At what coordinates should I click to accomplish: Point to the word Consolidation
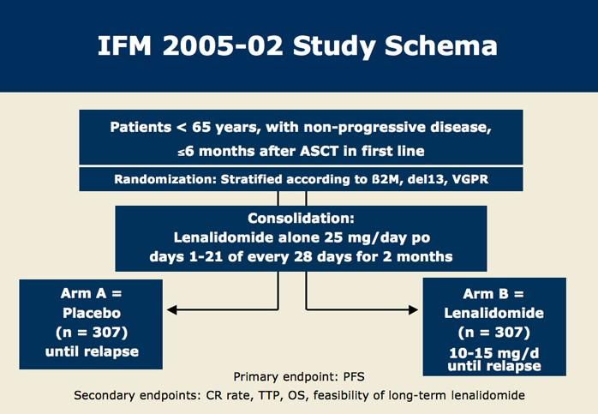(x=296, y=219)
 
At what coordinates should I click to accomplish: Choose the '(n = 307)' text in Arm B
(x=493, y=331)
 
